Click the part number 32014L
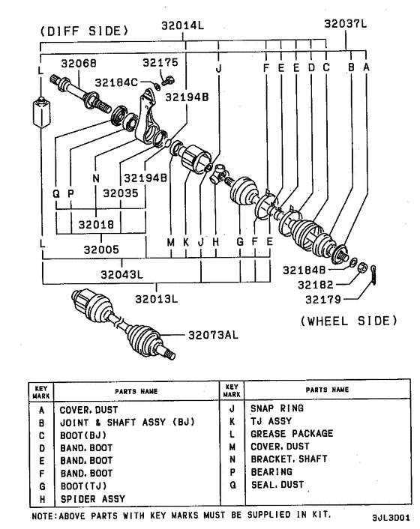coord(184,25)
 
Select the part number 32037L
coord(346,24)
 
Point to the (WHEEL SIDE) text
coord(347,320)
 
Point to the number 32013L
coord(156,299)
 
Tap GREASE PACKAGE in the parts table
coord(292,433)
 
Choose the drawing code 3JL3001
coord(389,517)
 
